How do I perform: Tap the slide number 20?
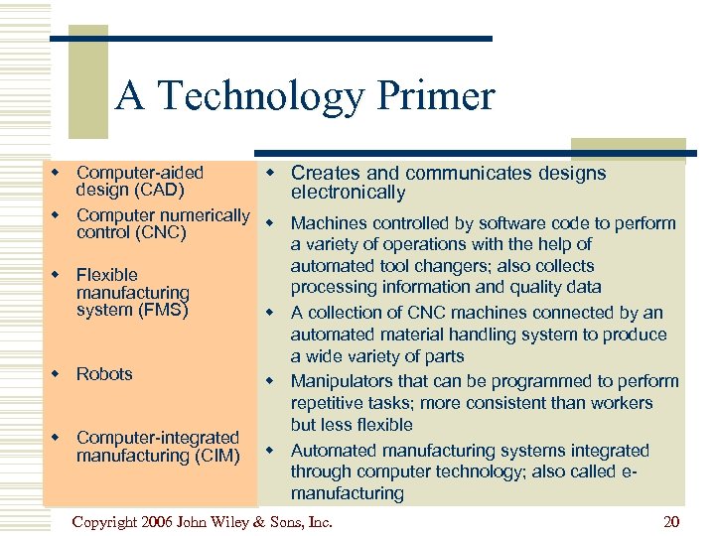[x=672, y=521]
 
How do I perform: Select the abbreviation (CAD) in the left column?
[x=157, y=191]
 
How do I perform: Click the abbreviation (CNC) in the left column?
[x=157, y=233]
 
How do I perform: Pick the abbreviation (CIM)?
[x=209, y=456]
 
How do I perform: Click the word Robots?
[x=104, y=374]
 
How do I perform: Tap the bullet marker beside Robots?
[x=57, y=374]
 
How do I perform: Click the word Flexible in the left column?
[x=107, y=275]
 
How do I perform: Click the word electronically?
[x=348, y=193]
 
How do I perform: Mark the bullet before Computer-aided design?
[x=57, y=174]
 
